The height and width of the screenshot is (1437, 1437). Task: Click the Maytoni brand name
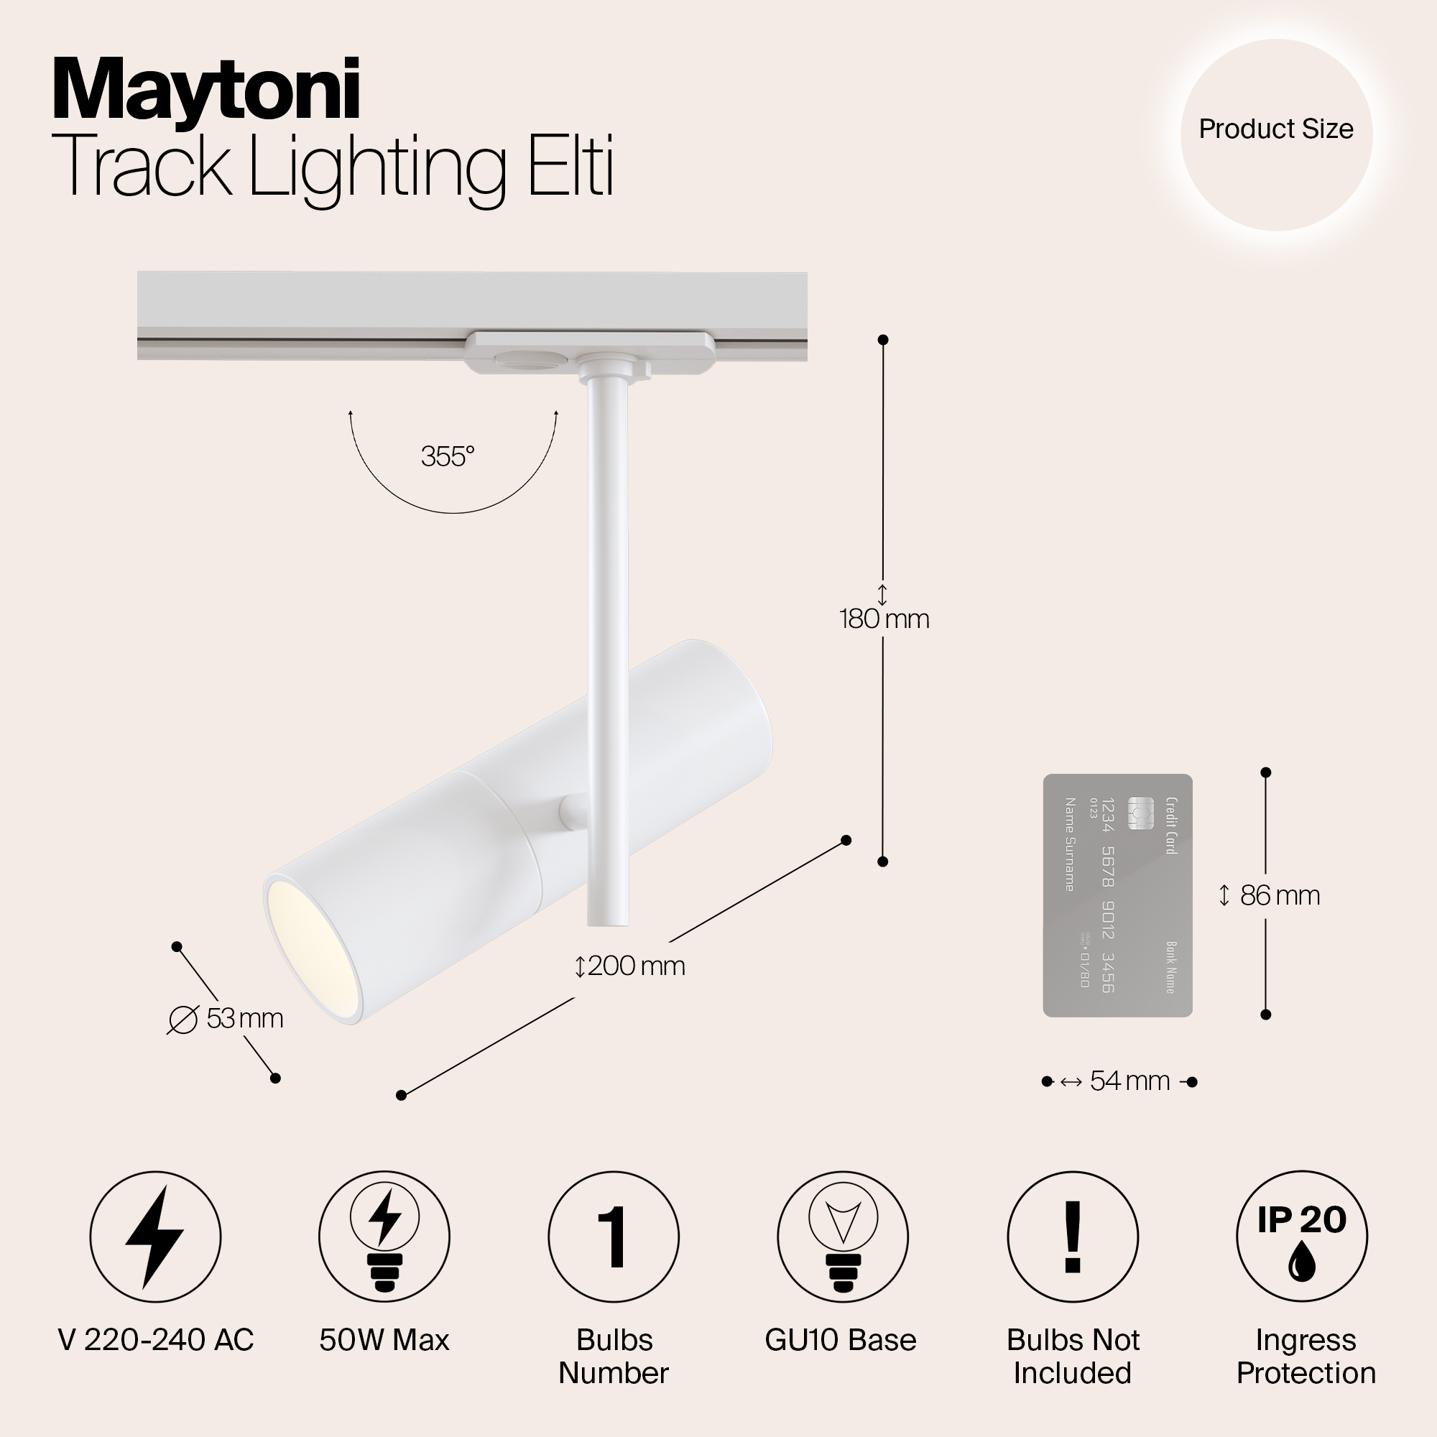(x=206, y=91)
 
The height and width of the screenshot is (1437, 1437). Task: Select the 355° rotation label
(x=447, y=456)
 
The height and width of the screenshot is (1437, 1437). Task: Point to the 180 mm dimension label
(x=884, y=619)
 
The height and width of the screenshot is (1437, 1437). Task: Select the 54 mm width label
(x=1128, y=1081)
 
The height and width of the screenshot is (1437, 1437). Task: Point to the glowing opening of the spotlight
(x=313, y=946)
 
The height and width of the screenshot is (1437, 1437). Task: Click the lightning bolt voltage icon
(x=154, y=1237)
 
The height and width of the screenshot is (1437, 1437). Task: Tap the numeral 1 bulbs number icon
(x=614, y=1237)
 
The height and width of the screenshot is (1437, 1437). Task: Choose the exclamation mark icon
(x=1073, y=1237)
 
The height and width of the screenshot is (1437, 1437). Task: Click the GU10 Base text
(x=841, y=1340)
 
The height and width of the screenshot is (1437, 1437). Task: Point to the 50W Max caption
(x=384, y=1340)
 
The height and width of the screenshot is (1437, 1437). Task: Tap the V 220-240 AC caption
(x=155, y=1340)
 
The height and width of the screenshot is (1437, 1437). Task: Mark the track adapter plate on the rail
(x=589, y=353)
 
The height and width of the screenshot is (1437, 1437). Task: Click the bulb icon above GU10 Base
(x=843, y=1237)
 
